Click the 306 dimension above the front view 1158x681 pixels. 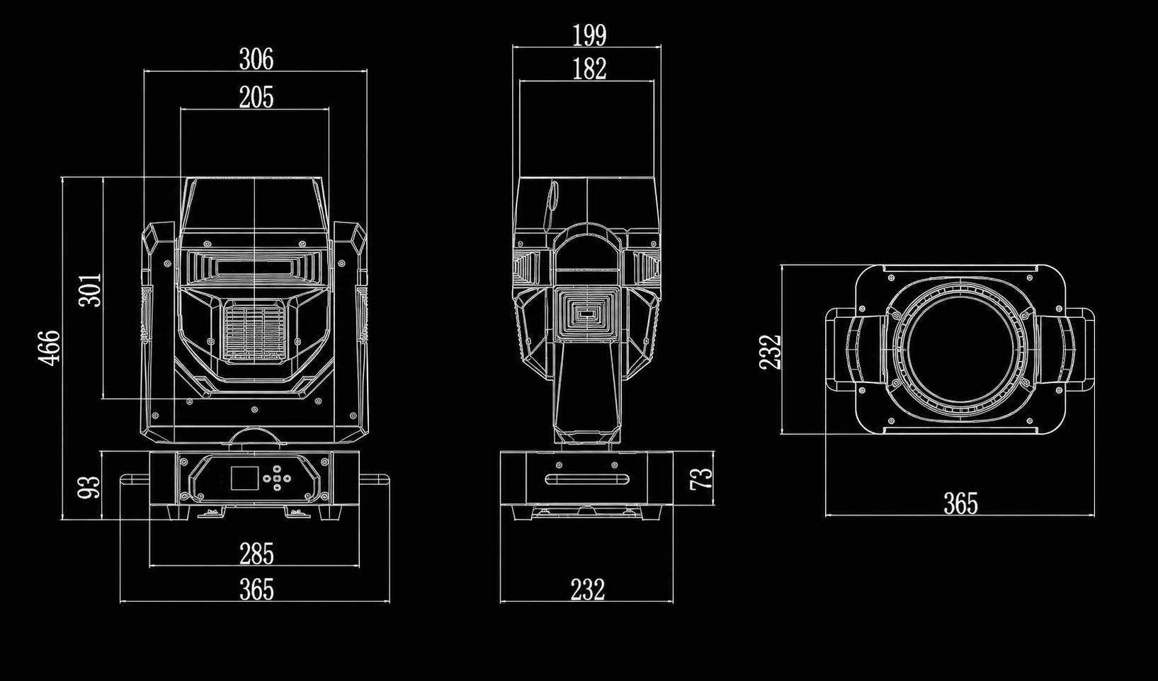pyautogui.click(x=256, y=59)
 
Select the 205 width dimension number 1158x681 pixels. pyautogui.click(x=256, y=97)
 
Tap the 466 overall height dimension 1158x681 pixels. pyautogui.click(x=50, y=348)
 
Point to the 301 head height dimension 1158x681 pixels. pyautogui.click(x=91, y=290)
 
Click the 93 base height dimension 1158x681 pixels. pyautogui.click(x=89, y=487)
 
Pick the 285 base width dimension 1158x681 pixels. pyautogui.click(x=256, y=554)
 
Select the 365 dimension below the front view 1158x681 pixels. pyautogui.click(x=256, y=590)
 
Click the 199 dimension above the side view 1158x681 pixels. pyautogui.click(x=589, y=35)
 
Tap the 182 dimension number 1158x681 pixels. pyautogui.click(x=589, y=69)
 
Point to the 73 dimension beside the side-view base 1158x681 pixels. pyautogui.click(x=701, y=478)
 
